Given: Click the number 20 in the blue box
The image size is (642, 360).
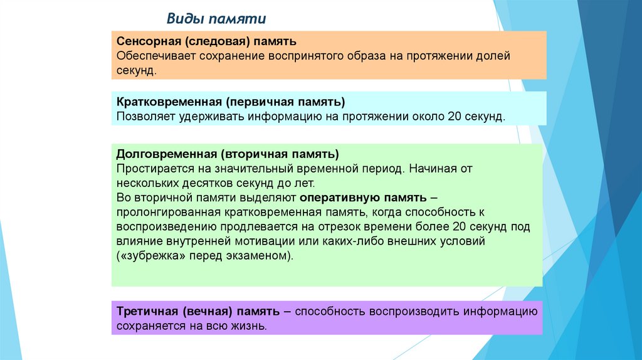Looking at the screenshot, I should (x=454, y=117).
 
